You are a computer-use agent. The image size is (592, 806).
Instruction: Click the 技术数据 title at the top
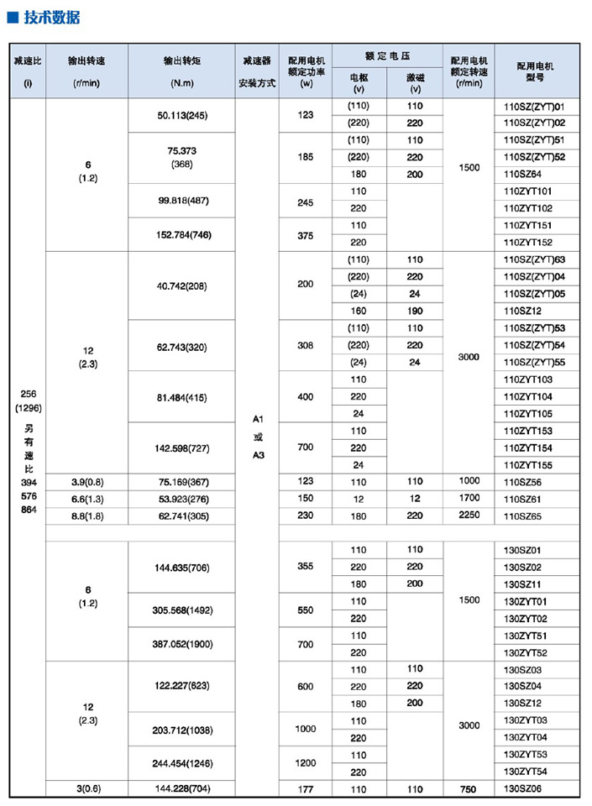(50, 17)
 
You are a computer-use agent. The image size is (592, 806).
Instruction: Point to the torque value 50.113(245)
(182, 115)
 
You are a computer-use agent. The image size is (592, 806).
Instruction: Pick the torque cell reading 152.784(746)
(182, 234)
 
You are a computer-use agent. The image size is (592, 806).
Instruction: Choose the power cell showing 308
(305, 345)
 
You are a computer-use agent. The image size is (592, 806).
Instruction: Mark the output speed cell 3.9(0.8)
(88, 481)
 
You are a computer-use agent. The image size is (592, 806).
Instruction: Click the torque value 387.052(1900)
(182, 643)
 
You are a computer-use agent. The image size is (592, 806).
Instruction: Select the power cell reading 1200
(305, 763)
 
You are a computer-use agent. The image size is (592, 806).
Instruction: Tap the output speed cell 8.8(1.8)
(88, 516)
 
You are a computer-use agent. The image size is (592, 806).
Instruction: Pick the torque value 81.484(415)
(182, 396)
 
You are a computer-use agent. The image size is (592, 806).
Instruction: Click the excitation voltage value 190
(415, 311)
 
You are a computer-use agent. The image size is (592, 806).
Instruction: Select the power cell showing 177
(305, 789)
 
